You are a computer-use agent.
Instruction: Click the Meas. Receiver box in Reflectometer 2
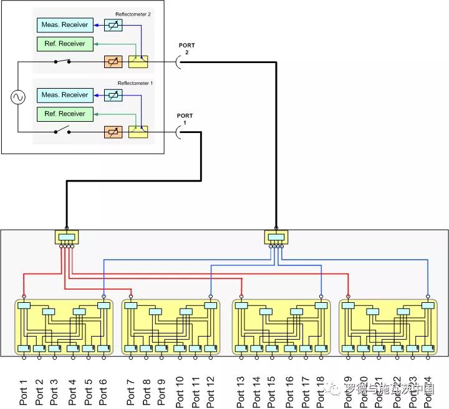pyautogui.click(x=65, y=25)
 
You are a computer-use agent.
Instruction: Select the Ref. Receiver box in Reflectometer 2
pyautogui.click(x=65, y=44)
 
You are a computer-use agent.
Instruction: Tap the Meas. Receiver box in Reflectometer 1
pyautogui.click(x=65, y=95)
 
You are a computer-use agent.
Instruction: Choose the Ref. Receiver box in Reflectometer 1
pyautogui.click(x=65, y=114)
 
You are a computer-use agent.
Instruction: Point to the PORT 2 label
pyautogui.click(x=186, y=49)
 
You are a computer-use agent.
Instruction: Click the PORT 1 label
pyautogui.click(x=185, y=119)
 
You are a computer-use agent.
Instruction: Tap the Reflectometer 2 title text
pyautogui.click(x=133, y=14)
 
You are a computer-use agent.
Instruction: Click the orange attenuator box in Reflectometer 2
pyautogui.click(x=112, y=61)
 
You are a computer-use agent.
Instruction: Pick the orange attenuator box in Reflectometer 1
pyautogui.click(x=112, y=131)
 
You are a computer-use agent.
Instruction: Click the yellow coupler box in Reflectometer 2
pyautogui.click(x=138, y=61)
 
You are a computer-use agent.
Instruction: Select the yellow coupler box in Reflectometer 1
pyautogui.click(x=138, y=131)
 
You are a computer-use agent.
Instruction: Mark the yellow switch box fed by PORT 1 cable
pyautogui.click(x=66, y=237)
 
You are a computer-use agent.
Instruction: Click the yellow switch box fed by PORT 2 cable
pyautogui.click(x=276, y=237)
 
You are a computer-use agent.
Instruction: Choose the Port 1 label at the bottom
pyautogui.click(x=24, y=393)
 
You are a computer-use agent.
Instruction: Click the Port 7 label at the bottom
pyautogui.click(x=130, y=393)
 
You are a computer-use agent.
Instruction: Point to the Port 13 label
pyautogui.click(x=241, y=391)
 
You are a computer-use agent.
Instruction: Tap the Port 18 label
pyautogui.click(x=321, y=391)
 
